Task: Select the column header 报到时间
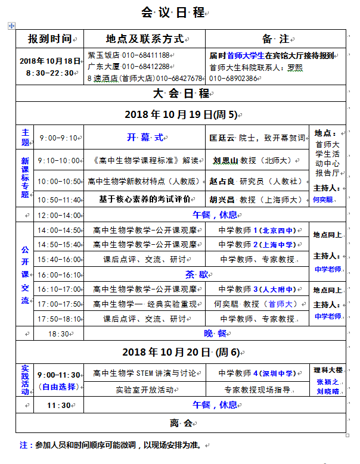51,39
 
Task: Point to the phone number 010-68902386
234,78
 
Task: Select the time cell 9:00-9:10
58,138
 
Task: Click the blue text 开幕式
144,138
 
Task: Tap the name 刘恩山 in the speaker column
225,160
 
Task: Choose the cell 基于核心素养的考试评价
145,200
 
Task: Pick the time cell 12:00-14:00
58,215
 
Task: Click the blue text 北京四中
278,230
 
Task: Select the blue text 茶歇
197,275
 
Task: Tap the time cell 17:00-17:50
59,304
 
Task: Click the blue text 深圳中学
278,373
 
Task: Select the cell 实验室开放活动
145,390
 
